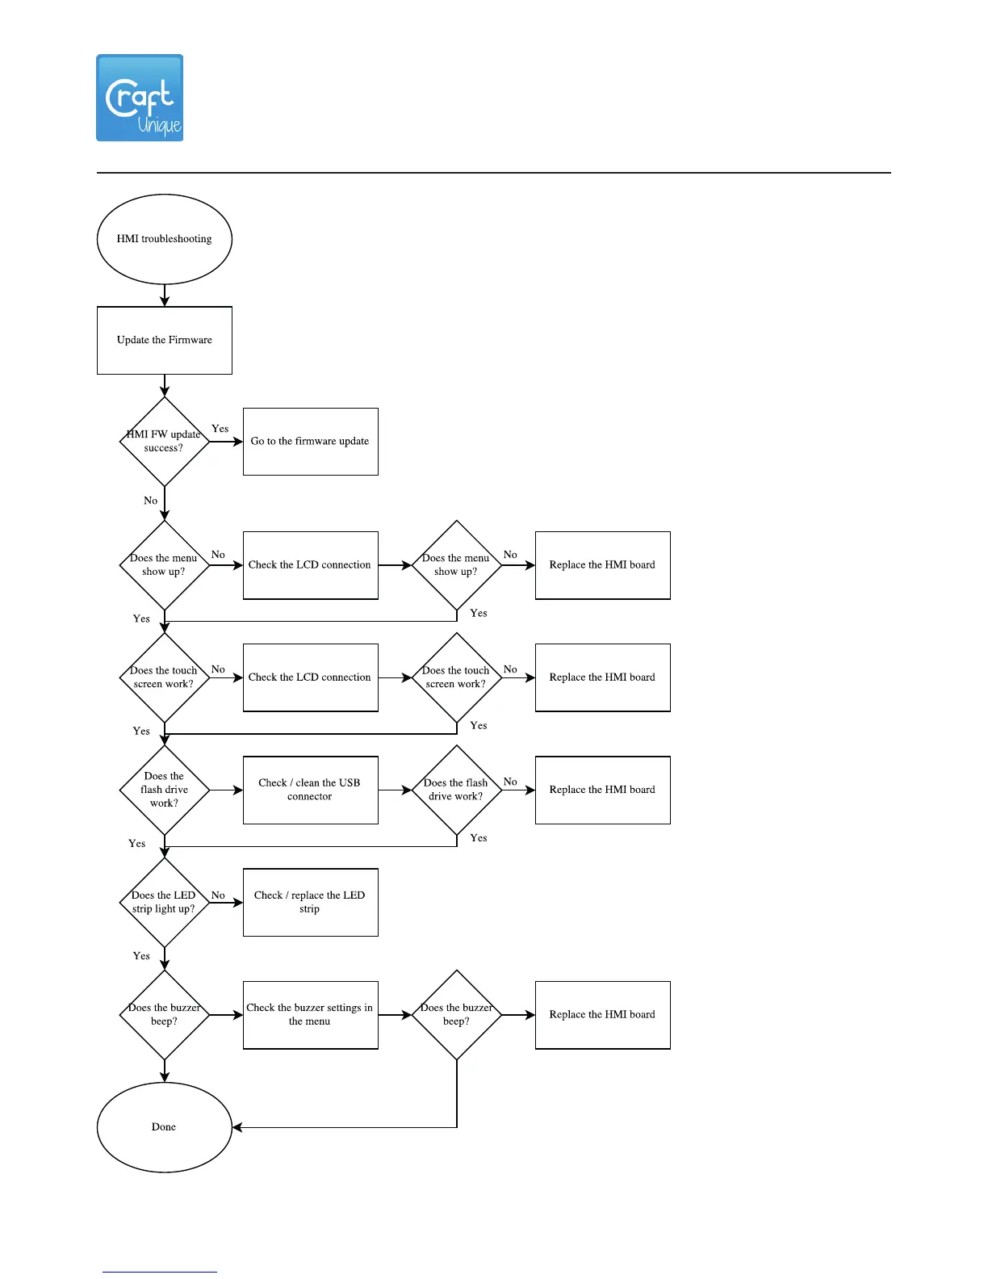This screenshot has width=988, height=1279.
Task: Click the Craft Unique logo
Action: coord(140,98)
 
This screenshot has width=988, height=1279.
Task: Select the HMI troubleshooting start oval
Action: coord(165,239)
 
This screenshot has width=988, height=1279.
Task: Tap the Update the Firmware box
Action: coord(165,340)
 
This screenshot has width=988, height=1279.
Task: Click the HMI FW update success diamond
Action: coord(165,442)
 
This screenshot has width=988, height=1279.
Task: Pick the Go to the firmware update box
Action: coord(311,442)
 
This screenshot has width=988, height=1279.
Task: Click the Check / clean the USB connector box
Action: coord(311,790)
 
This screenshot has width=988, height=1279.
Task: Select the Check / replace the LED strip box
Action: coord(311,902)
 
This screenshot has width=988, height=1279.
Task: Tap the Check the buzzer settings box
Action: coord(311,1015)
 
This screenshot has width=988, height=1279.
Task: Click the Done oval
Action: coord(165,1127)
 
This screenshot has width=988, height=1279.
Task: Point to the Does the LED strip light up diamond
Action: coord(165,902)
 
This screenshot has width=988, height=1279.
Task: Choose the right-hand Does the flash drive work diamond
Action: coord(457,790)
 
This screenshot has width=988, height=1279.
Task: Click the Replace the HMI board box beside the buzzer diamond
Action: coord(603,1015)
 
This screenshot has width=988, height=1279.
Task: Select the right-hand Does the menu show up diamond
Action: coord(457,565)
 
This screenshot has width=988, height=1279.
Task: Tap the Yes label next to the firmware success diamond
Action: coord(220,429)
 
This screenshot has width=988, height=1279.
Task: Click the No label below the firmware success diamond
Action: coord(151,501)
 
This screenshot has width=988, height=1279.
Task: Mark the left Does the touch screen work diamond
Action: coord(165,677)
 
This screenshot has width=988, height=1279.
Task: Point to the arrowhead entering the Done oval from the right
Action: coord(237,1127)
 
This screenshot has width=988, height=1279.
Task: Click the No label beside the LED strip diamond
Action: coord(218,895)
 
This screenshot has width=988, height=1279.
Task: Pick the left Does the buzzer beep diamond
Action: coord(165,1015)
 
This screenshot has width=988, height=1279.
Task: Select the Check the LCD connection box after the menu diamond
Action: coord(311,565)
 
